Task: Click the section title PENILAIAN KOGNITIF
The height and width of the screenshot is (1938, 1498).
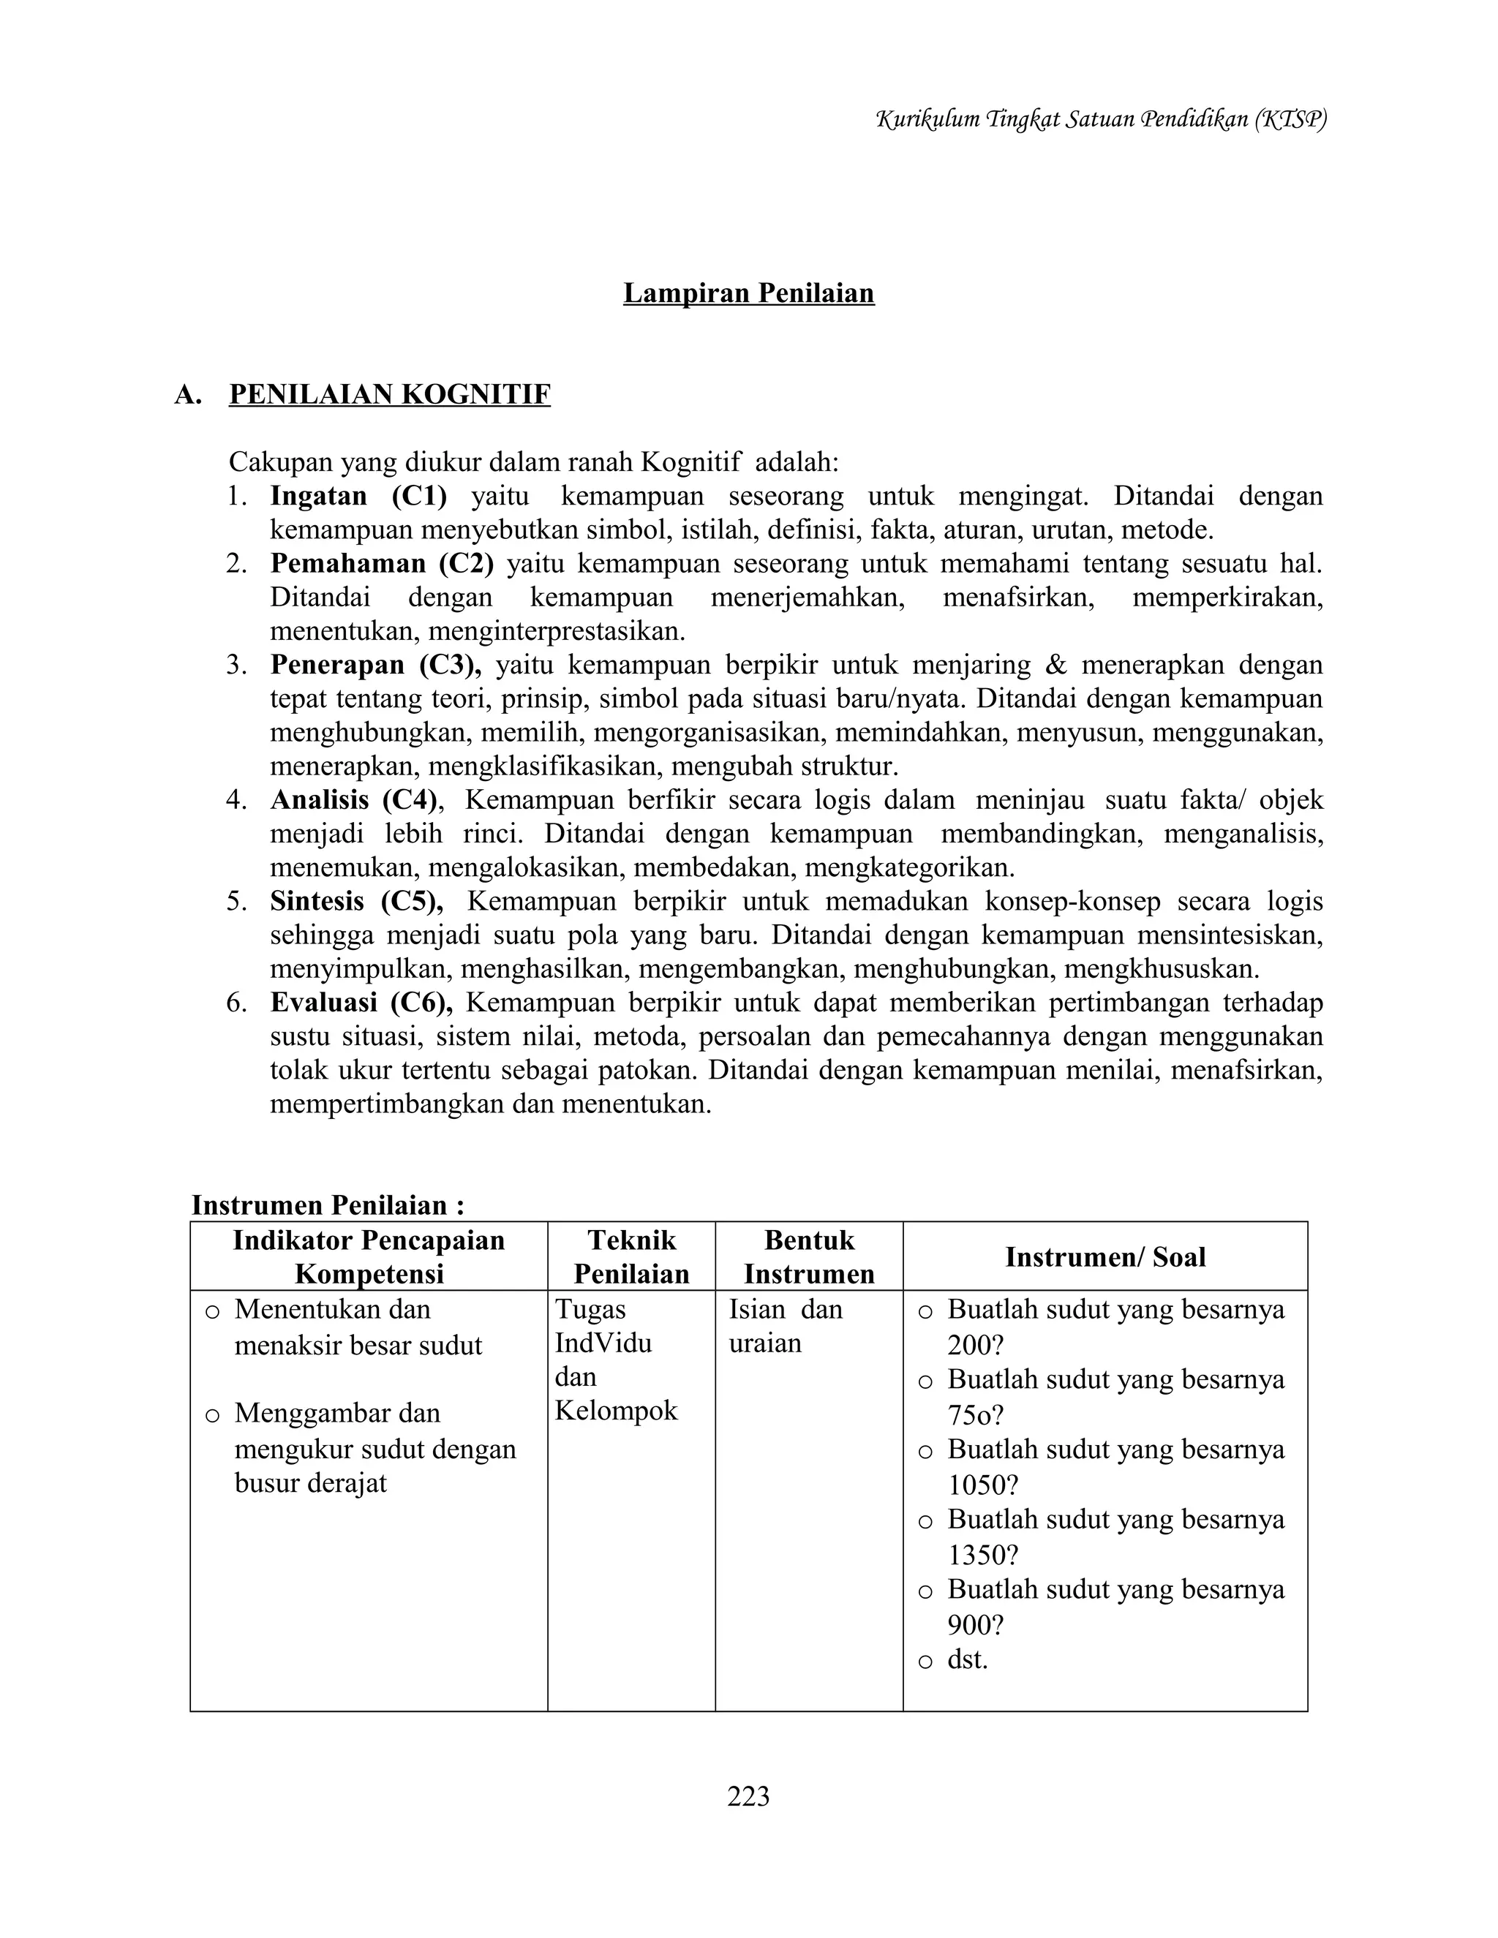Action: (x=390, y=394)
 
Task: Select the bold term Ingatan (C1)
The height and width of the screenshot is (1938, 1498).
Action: (x=358, y=496)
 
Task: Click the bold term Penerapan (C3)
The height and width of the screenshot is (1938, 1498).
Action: (x=374, y=665)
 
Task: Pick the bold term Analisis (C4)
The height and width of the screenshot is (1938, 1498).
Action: (x=354, y=800)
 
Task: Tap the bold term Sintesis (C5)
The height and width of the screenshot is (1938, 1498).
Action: (x=356, y=902)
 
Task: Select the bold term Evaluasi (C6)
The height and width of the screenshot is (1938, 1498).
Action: (x=361, y=1003)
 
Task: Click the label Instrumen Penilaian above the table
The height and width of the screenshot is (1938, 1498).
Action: (x=328, y=1205)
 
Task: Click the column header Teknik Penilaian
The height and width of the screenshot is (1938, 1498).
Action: (x=631, y=1256)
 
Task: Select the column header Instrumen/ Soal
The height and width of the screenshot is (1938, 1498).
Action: (x=1105, y=1256)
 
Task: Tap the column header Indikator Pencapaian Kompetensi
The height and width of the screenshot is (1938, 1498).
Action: (x=369, y=1256)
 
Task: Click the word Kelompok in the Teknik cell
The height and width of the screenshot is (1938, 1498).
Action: (x=616, y=1411)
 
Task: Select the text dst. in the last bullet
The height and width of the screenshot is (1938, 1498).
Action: (x=967, y=1659)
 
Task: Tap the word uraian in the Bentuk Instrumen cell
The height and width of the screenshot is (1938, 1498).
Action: (x=764, y=1343)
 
